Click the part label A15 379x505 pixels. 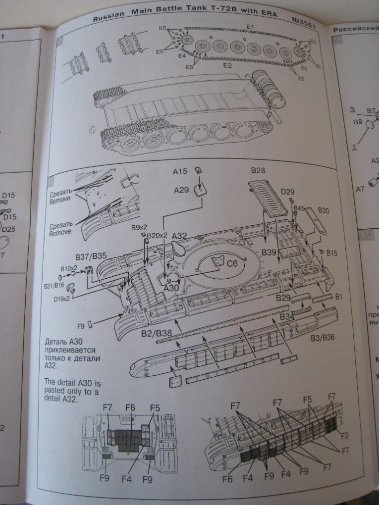[180, 171]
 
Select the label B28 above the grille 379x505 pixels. [258, 171]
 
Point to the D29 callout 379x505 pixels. [287, 191]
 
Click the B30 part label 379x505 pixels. [324, 210]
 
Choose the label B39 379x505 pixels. [269, 252]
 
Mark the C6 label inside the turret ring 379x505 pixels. [233, 264]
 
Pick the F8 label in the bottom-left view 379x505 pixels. [130, 408]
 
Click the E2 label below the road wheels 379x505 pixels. [228, 65]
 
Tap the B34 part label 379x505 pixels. [287, 316]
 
